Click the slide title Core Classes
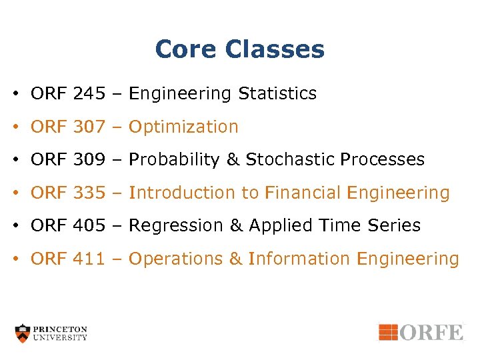click(239, 49)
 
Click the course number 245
click(89, 94)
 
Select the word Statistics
click(277, 94)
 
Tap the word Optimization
click(183, 127)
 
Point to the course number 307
click(89, 127)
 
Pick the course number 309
click(89, 160)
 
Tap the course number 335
click(89, 193)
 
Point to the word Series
click(396, 226)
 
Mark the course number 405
click(89, 226)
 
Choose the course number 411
click(89, 259)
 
